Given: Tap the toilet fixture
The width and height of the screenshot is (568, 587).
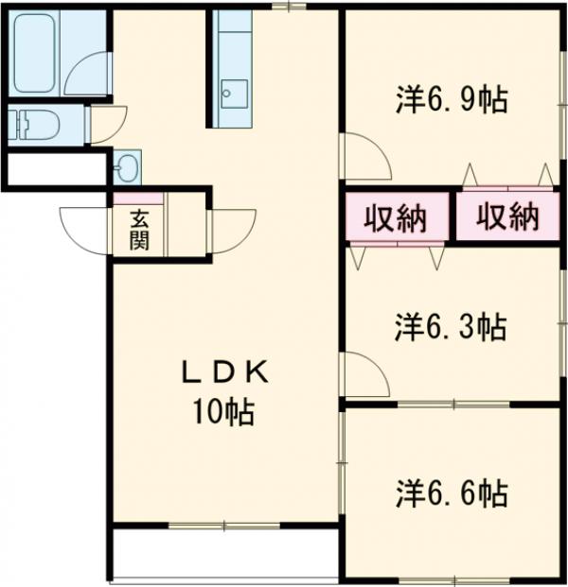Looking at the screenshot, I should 32,124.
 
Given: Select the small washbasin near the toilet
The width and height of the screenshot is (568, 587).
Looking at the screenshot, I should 125,168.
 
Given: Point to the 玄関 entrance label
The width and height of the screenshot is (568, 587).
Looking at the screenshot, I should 139,230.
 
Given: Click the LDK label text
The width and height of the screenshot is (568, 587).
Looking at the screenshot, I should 225,372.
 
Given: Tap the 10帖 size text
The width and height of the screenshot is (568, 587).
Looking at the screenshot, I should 225,411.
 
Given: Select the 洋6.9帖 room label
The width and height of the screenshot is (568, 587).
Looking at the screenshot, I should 451,98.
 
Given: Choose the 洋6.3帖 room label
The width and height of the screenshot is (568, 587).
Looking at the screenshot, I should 451,327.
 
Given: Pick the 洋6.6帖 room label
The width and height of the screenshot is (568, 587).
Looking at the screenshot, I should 451,492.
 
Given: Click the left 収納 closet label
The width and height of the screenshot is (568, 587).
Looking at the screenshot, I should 396,219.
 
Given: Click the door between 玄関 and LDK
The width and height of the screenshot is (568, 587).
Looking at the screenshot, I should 231,231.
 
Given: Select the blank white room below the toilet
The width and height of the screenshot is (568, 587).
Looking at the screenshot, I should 55,170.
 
